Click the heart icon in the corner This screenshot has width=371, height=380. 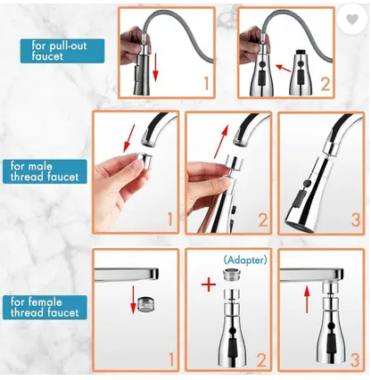(x=352, y=20)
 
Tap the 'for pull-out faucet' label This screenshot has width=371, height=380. (x=62, y=51)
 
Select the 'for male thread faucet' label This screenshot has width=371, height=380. (x=45, y=171)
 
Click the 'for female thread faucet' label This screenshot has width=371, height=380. (x=45, y=307)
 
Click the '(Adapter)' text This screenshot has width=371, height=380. (x=245, y=260)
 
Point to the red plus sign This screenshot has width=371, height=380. (x=209, y=285)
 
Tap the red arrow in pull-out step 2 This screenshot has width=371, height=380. (x=283, y=68)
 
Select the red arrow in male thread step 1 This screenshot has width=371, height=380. (x=129, y=138)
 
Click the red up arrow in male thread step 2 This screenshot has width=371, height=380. (x=221, y=142)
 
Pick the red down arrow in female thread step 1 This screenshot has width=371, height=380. (x=134, y=300)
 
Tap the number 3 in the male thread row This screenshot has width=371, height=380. (x=356, y=220)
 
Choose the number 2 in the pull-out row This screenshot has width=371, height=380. (x=326, y=84)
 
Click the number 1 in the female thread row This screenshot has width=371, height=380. (x=171, y=359)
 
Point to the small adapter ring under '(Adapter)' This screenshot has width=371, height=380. (x=233, y=274)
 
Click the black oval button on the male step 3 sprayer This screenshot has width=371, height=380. (x=299, y=200)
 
